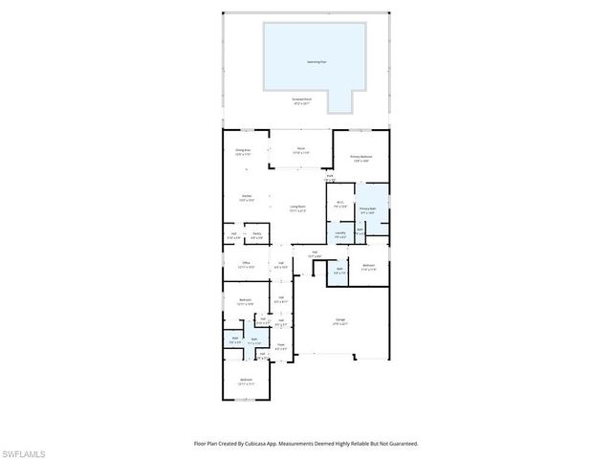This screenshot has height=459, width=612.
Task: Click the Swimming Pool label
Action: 316,60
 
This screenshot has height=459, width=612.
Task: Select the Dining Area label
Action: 243,151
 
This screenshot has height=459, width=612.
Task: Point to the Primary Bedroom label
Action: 361,158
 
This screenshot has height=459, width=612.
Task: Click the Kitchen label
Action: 247,199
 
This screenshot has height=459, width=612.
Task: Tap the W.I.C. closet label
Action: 340,203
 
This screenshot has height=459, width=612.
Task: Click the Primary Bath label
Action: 368,209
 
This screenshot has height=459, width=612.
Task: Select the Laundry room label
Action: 339,234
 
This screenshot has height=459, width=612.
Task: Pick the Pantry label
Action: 256,234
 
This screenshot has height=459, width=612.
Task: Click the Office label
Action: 246,264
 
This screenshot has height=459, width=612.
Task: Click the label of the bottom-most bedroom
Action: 247,382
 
